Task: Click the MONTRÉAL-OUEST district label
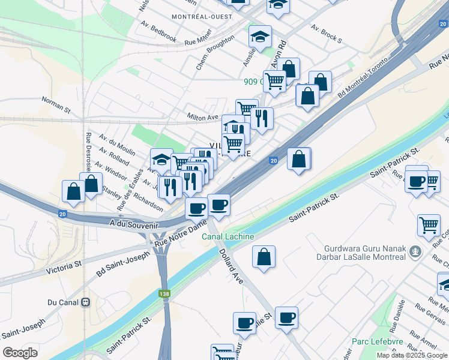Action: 201,16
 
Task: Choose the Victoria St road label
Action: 65,263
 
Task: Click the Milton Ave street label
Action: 202,116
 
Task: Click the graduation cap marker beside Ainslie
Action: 260,37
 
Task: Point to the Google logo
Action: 20,353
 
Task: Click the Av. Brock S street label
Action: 327,34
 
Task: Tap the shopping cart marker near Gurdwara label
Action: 429,226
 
